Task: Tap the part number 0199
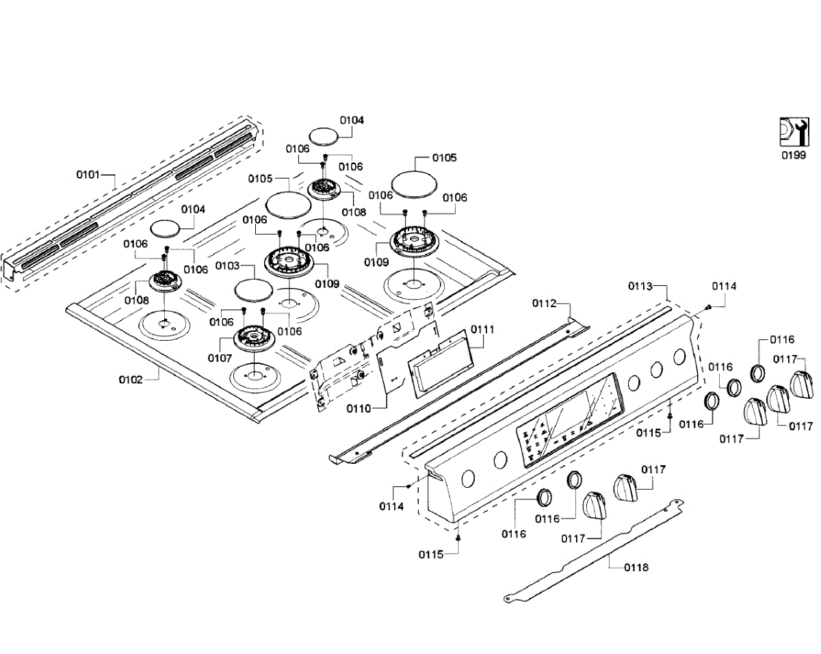point(794,155)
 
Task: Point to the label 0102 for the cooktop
point(130,379)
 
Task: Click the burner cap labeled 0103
point(254,289)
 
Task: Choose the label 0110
point(359,408)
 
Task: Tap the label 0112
point(545,303)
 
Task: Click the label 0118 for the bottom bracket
point(636,567)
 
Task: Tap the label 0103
point(228,265)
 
